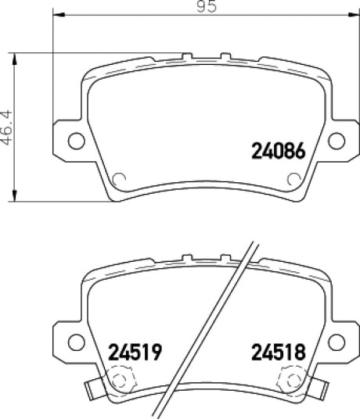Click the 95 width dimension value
(206, 6)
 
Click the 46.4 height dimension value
(7, 127)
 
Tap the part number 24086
(279, 151)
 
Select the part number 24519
(135, 352)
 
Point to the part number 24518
(279, 352)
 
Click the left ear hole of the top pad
(77, 141)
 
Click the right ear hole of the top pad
(337, 141)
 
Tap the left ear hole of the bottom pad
(77, 342)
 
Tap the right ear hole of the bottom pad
(337, 342)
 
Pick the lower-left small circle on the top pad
(119, 179)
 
